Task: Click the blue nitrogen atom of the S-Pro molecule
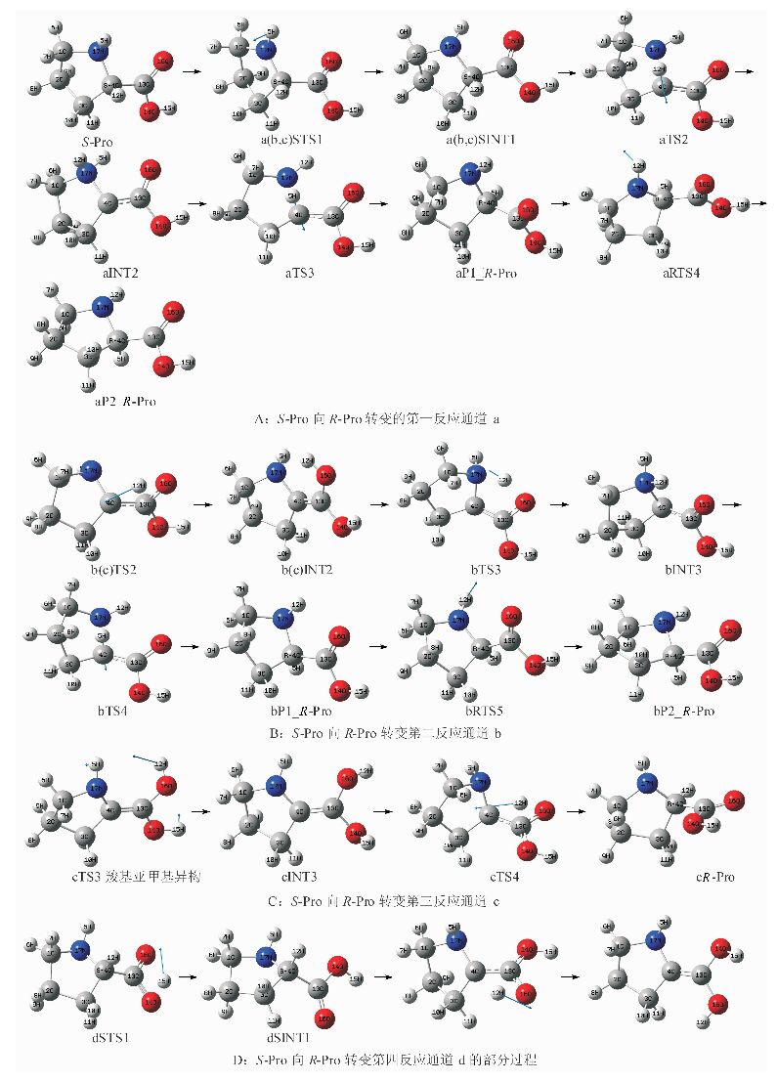point(98,50)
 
